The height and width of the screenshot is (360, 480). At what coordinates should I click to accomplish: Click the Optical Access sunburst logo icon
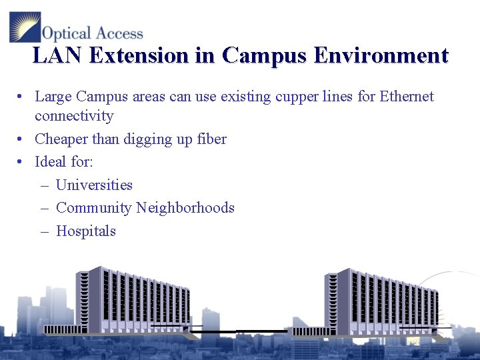pos(25,27)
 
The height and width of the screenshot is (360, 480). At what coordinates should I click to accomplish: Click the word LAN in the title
pos(57,55)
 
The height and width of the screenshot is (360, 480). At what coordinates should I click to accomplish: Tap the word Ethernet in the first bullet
pos(407,97)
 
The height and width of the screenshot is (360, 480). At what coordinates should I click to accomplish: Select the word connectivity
pos(74,117)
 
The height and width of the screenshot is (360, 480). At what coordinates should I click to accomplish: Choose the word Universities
pos(94,185)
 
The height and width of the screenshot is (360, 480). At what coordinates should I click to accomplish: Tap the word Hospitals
pos(86,231)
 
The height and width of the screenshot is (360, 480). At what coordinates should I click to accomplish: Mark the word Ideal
pos(51,162)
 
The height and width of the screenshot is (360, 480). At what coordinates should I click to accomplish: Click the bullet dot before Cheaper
pos(21,139)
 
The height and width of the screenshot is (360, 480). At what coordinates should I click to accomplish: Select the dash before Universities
pos(44,185)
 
